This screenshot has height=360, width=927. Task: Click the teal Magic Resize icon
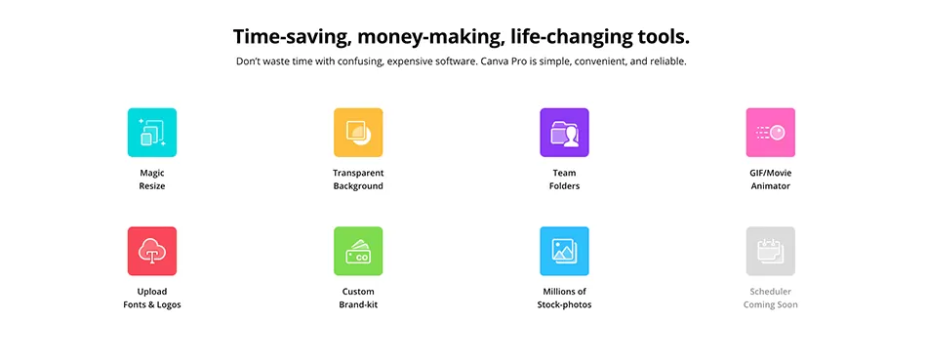pyautogui.click(x=152, y=133)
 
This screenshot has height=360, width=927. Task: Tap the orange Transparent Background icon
pyautogui.click(x=358, y=133)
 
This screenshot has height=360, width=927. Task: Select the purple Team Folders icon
pyautogui.click(x=565, y=133)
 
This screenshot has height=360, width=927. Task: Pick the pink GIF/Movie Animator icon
pyautogui.click(x=770, y=133)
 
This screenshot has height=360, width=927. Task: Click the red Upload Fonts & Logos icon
pyautogui.click(x=152, y=252)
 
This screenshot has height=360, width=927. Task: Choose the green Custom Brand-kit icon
pyautogui.click(x=358, y=252)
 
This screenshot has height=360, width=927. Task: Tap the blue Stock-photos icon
pyautogui.click(x=565, y=252)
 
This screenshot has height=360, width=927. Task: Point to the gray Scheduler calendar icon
pyautogui.click(x=770, y=252)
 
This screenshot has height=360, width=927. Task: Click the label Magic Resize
pyautogui.click(x=152, y=180)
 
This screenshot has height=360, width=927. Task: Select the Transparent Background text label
pyautogui.click(x=358, y=180)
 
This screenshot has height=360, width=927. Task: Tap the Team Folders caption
pyautogui.click(x=565, y=180)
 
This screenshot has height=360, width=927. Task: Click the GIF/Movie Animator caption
pyautogui.click(x=770, y=180)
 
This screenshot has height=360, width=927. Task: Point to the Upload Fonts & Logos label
pyautogui.click(x=152, y=299)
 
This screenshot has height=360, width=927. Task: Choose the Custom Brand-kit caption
pyautogui.click(x=358, y=299)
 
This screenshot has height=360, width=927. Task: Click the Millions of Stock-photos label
pyautogui.click(x=565, y=299)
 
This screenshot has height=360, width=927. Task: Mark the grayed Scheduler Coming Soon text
pyautogui.click(x=770, y=299)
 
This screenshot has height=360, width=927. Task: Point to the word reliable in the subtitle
pyautogui.click(x=667, y=61)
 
